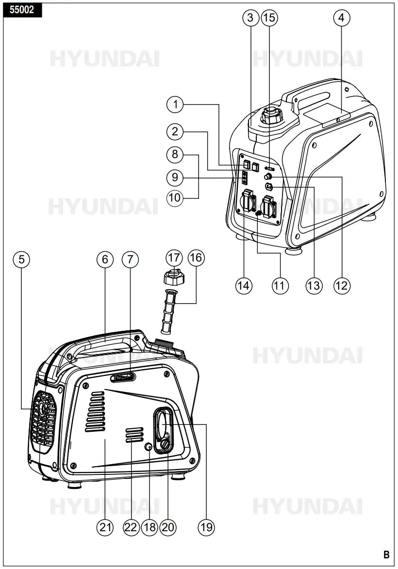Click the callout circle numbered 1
coord(176,103)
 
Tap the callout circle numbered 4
coord(342,18)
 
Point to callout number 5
coord(21,260)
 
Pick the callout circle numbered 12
coord(342,285)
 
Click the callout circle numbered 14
coord(244,285)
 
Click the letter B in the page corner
coord(386,554)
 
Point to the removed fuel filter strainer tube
coord(167,308)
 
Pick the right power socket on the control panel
coord(270,204)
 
